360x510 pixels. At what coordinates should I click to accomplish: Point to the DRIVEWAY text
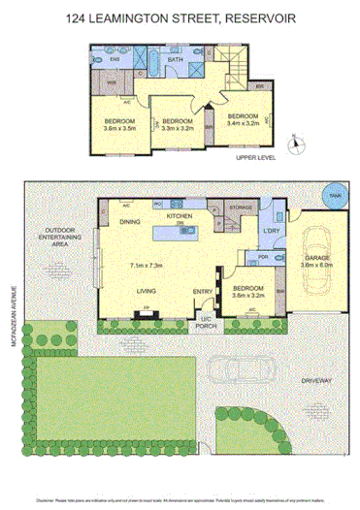tap(316, 381)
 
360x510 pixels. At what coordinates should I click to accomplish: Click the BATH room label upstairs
tap(176, 60)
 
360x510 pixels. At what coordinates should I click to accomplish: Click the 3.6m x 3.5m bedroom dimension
tap(123, 127)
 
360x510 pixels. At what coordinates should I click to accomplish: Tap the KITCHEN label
tap(180, 216)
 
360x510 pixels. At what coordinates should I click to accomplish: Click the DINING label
tap(130, 223)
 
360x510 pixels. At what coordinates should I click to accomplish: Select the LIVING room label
tap(147, 290)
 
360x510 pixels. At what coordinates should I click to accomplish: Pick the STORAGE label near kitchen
tap(241, 207)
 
